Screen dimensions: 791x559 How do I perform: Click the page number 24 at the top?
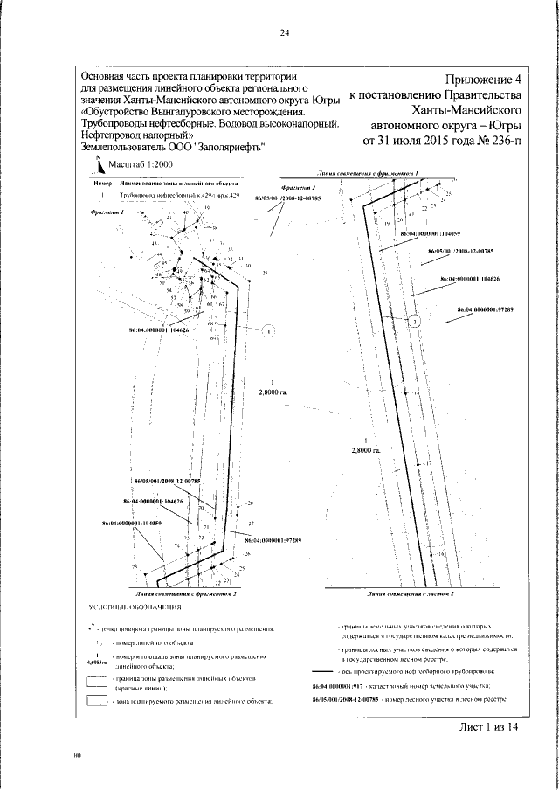(x=284, y=34)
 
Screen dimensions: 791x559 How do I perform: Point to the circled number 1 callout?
(x=269, y=330)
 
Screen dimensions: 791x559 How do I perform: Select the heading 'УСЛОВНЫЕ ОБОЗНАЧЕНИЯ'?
(x=135, y=606)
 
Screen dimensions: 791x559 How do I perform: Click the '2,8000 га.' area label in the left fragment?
(x=273, y=392)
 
